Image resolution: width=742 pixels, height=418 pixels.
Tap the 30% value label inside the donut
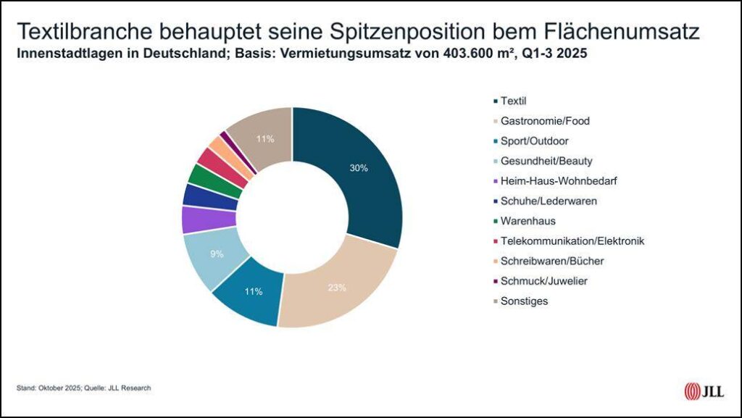tap(358, 168)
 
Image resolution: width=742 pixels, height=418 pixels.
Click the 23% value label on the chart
tap(335, 288)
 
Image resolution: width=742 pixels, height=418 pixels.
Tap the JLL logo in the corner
tap(701, 391)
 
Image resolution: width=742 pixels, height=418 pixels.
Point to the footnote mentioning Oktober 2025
tap(83, 388)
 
